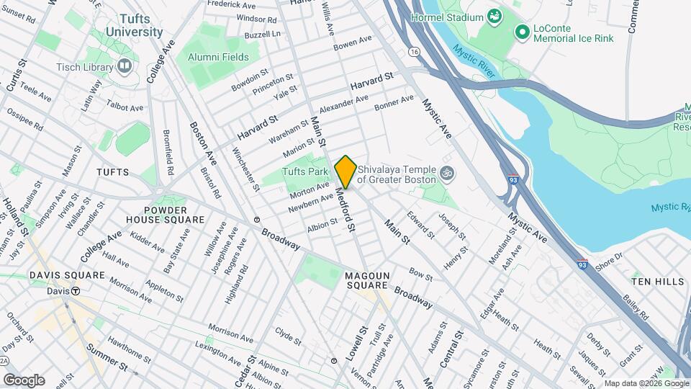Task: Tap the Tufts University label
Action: [x=134, y=26]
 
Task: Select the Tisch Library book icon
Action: [x=125, y=67]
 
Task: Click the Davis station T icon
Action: [x=74, y=292]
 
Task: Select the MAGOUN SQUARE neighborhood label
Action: [x=371, y=282]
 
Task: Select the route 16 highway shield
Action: [x=413, y=52]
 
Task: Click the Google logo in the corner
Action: [x=24, y=380]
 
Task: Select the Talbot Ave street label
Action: [x=126, y=107]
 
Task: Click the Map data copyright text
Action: [x=644, y=383]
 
